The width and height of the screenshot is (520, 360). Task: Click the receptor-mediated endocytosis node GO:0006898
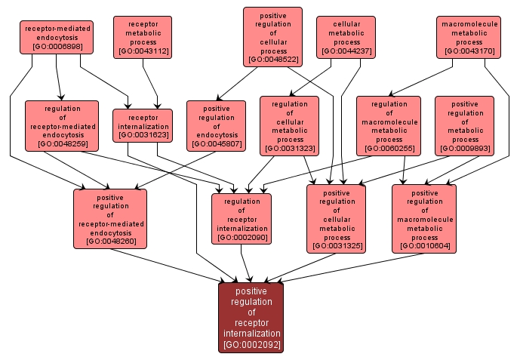coord(57,38)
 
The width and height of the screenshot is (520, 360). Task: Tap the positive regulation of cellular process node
coord(272,37)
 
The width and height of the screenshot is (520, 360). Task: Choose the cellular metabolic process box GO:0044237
coord(346,37)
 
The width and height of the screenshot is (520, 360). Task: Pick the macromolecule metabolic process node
coord(469,37)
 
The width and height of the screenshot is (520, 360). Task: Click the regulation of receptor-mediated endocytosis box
coord(62,125)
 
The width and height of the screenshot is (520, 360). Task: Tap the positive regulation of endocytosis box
coord(216,125)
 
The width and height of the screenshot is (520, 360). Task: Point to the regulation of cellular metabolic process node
coord(289,125)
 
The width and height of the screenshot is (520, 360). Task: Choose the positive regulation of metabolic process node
coord(464,125)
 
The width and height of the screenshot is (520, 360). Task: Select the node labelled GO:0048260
coord(110,219)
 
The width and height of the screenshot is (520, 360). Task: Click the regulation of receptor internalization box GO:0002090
coord(242,219)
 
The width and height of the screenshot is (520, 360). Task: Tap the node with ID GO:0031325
coord(336,219)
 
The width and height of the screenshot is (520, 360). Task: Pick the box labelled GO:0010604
coord(424,219)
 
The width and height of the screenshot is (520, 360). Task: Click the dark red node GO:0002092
coord(251,318)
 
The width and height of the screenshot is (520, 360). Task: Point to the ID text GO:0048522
coord(272,58)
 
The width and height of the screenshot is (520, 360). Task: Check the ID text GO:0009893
coord(464,148)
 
